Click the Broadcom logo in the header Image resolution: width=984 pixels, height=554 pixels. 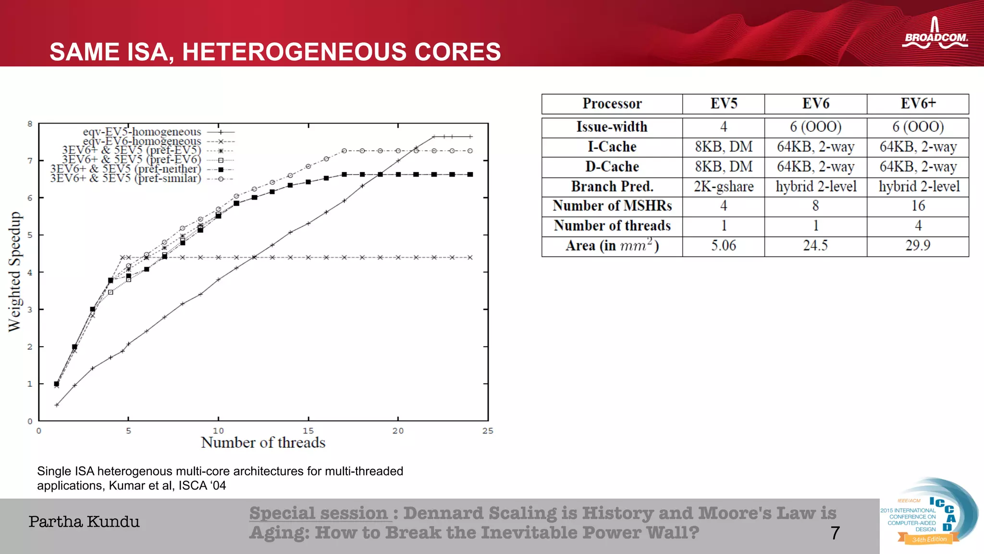point(935,35)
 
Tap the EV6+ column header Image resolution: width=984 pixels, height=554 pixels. point(918,103)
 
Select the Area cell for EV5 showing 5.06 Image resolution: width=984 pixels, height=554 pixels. point(723,246)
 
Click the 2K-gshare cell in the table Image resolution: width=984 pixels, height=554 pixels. point(723,187)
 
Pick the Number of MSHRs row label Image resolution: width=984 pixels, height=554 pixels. point(612,206)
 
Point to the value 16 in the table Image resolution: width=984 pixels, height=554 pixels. point(918,206)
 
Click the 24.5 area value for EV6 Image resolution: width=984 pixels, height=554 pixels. point(815,246)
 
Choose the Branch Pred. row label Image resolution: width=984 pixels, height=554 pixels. point(612,187)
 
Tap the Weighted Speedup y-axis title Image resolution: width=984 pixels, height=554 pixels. point(15,272)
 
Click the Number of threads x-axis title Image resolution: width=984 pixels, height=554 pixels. point(263,442)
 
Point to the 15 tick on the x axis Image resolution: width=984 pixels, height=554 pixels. point(308,431)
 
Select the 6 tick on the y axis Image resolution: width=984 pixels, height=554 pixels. point(30,198)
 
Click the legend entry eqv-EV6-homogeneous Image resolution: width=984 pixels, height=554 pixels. point(142,141)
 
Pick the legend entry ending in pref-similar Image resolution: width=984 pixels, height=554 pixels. point(126,179)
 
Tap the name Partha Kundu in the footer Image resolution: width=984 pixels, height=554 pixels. point(84,522)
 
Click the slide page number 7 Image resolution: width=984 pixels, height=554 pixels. point(835,533)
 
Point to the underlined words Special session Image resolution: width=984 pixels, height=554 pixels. point(318,513)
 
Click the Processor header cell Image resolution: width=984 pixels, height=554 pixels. point(612,103)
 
